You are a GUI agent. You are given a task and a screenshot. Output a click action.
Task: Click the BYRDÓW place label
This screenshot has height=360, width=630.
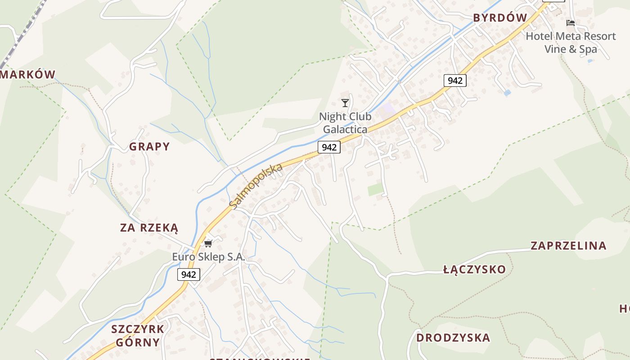click(500, 18)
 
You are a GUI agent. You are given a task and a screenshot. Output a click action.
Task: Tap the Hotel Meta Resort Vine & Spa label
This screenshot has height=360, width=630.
click(571, 42)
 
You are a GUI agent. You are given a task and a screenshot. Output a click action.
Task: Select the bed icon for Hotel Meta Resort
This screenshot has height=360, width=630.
click(571, 23)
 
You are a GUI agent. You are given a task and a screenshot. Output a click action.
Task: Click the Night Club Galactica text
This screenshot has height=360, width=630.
click(345, 123)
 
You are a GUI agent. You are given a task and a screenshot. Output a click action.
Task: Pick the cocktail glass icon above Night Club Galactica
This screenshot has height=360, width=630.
click(345, 103)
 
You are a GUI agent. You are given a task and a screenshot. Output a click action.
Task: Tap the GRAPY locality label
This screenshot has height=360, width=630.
click(149, 147)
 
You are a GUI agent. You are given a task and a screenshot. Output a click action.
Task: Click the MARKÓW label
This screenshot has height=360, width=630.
click(28, 75)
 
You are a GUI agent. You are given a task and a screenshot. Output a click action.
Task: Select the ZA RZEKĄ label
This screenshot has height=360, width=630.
click(149, 228)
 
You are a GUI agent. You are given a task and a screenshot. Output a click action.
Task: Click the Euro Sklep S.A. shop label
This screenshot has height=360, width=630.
click(208, 257)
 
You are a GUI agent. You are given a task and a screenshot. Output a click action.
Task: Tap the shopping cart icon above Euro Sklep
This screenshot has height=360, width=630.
click(208, 243)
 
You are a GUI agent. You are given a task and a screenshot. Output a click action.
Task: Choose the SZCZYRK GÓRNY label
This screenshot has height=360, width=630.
click(138, 336)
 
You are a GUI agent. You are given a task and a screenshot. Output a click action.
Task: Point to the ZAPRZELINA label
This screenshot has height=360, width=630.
click(568, 246)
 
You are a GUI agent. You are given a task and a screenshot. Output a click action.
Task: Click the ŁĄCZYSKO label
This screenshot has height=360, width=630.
click(474, 270)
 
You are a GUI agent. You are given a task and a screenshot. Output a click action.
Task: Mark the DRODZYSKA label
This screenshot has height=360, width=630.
click(453, 337)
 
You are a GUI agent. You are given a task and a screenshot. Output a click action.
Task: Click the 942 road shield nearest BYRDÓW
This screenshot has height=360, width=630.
click(455, 81)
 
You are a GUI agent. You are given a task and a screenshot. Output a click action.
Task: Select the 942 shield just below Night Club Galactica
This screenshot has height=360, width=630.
click(329, 147)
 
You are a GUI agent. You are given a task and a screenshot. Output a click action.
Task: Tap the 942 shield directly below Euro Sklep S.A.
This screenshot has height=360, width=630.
click(189, 274)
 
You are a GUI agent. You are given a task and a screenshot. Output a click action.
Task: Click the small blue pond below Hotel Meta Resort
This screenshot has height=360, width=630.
click(508, 93)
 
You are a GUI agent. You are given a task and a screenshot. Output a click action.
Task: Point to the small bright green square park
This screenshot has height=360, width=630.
click(375, 189)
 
